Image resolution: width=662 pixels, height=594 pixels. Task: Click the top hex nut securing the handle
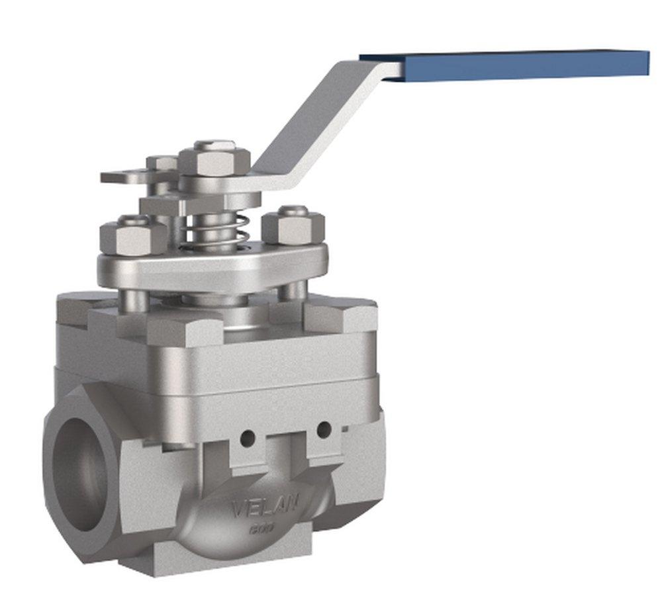214,159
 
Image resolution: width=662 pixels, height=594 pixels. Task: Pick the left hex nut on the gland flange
133,236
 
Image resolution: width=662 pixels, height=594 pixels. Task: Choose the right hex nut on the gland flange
293,227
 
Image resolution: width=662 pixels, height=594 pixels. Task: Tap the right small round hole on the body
323,430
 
